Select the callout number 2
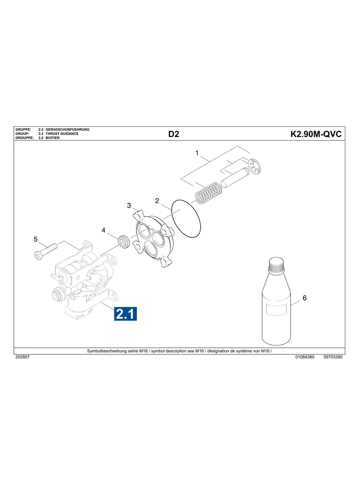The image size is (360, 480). click(157, 201)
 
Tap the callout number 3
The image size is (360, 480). click(129, 205)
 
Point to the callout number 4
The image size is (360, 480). click(103, 230)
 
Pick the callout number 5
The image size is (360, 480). click(35, 239)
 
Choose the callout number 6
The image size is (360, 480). click(304, 298)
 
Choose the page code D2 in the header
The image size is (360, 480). click(174, 134)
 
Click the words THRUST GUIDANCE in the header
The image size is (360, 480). click(62, 134)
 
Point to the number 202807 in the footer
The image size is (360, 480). click(22, 357)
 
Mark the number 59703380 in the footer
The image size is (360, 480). click(333, 357)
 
